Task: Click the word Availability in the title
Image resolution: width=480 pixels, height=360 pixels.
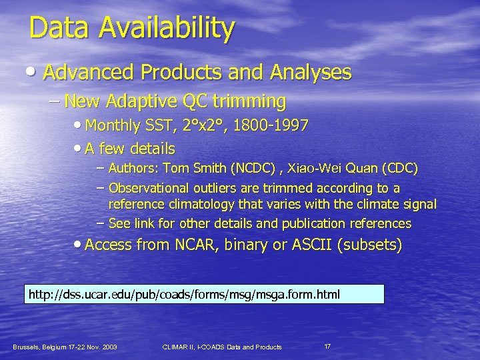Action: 167,28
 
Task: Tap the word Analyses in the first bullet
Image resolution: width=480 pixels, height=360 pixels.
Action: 314,72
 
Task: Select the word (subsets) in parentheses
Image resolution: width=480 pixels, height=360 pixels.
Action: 370,245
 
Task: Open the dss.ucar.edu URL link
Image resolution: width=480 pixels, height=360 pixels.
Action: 183,294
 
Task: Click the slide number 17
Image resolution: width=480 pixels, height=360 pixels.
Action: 327,346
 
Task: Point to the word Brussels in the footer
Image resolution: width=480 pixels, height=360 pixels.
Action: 27,347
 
